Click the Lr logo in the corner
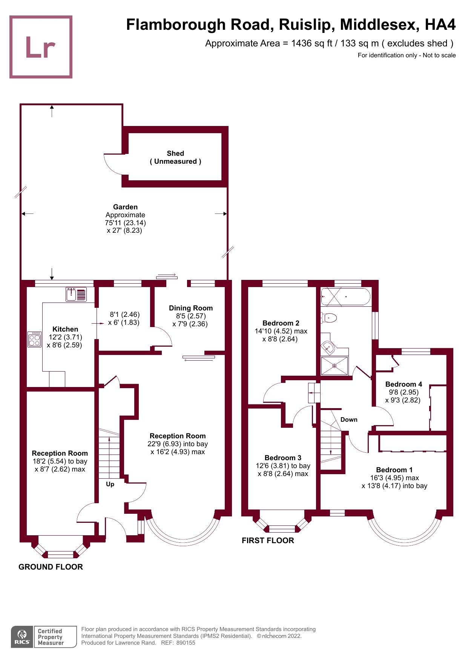[41, 47]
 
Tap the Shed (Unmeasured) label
[175, 157]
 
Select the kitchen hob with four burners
[34, 339]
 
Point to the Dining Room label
[190, 308]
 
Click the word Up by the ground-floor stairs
[110, 484]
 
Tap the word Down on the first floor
[348, 419]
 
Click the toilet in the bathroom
[329, 318]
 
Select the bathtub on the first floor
[345, 296]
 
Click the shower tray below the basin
[334, 366]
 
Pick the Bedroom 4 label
[404, 384]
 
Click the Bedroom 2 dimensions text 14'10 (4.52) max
[281, 331]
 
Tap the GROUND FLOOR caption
[51, 567]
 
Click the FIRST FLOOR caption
[268, 540]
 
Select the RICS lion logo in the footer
[22, 637]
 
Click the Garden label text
[125, 207]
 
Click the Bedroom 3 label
[283, 458]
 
